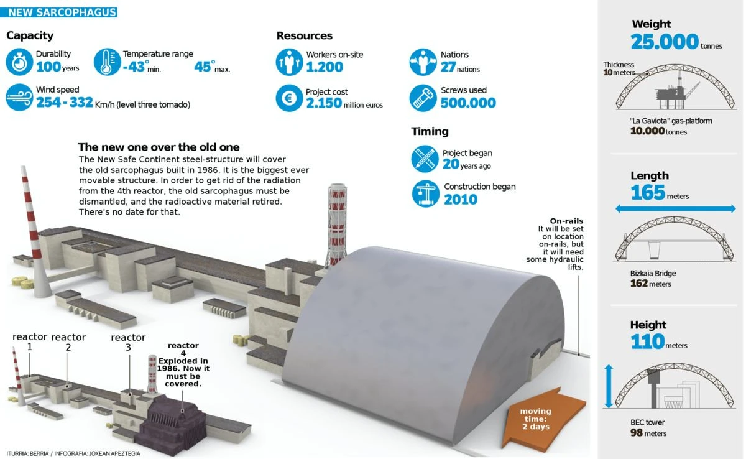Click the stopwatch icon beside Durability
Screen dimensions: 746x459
[19, 62]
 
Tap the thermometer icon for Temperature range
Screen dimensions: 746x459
[107, 62]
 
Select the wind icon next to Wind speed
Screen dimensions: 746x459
[19, 97]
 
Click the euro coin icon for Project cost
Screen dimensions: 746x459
[289, 98]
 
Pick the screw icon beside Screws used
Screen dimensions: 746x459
[423, 98]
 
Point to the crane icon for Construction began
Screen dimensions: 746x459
[425, 194]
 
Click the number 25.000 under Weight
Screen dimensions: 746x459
[665, 42]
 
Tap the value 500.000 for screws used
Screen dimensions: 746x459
[468, 103]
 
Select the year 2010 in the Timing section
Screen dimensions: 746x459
[461, 200]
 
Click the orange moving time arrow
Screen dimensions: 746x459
[543, 419]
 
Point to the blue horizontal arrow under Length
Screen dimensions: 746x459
[675, 209]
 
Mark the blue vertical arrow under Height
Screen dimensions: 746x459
[609, 386]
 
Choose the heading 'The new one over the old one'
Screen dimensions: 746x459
[159, 147]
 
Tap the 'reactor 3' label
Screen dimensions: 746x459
[128, 342]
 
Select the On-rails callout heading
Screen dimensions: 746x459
[566, 221]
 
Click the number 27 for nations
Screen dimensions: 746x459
[448, 67]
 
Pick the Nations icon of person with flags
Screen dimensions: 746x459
[423, 62]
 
